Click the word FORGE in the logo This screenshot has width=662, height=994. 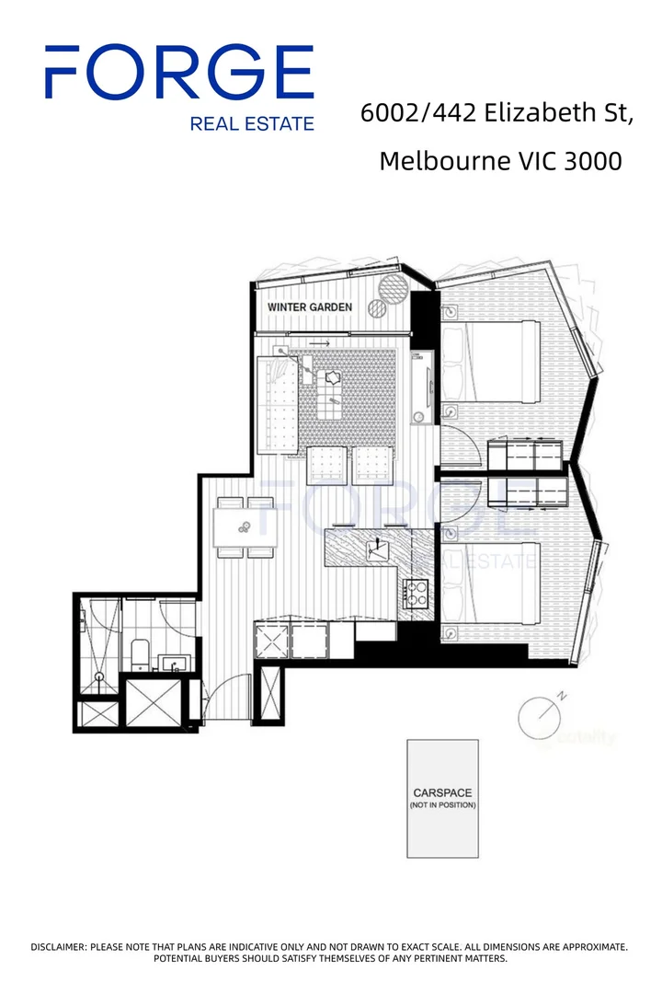click(x=179, y=74)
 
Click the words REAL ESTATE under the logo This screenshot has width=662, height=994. click(x=251, y=123)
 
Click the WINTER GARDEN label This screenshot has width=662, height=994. click(x=309, y=306)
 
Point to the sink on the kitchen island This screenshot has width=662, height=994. click(x=377, y=551)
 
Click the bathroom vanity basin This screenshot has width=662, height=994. click(x=172, y=662)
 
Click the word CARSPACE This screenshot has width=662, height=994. click(x=442, y=792)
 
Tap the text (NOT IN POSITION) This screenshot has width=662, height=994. click(x=442, y=805)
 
